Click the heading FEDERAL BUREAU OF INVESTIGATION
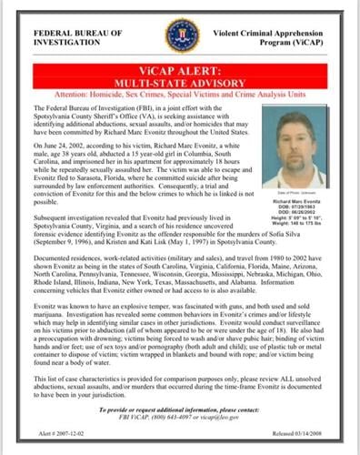point(71,35)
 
